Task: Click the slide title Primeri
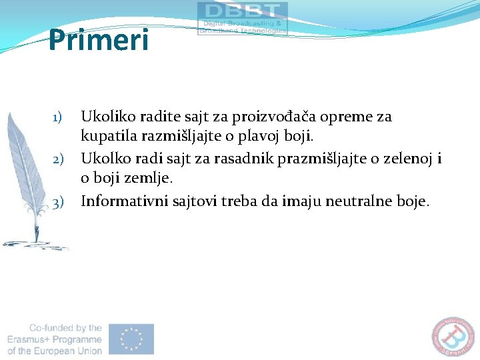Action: click(x=99, y=40)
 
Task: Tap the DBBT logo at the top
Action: click(x=243, y=18)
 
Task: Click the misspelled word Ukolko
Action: click(x=103, y=159)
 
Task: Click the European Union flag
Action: click(x=131, y=339)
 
